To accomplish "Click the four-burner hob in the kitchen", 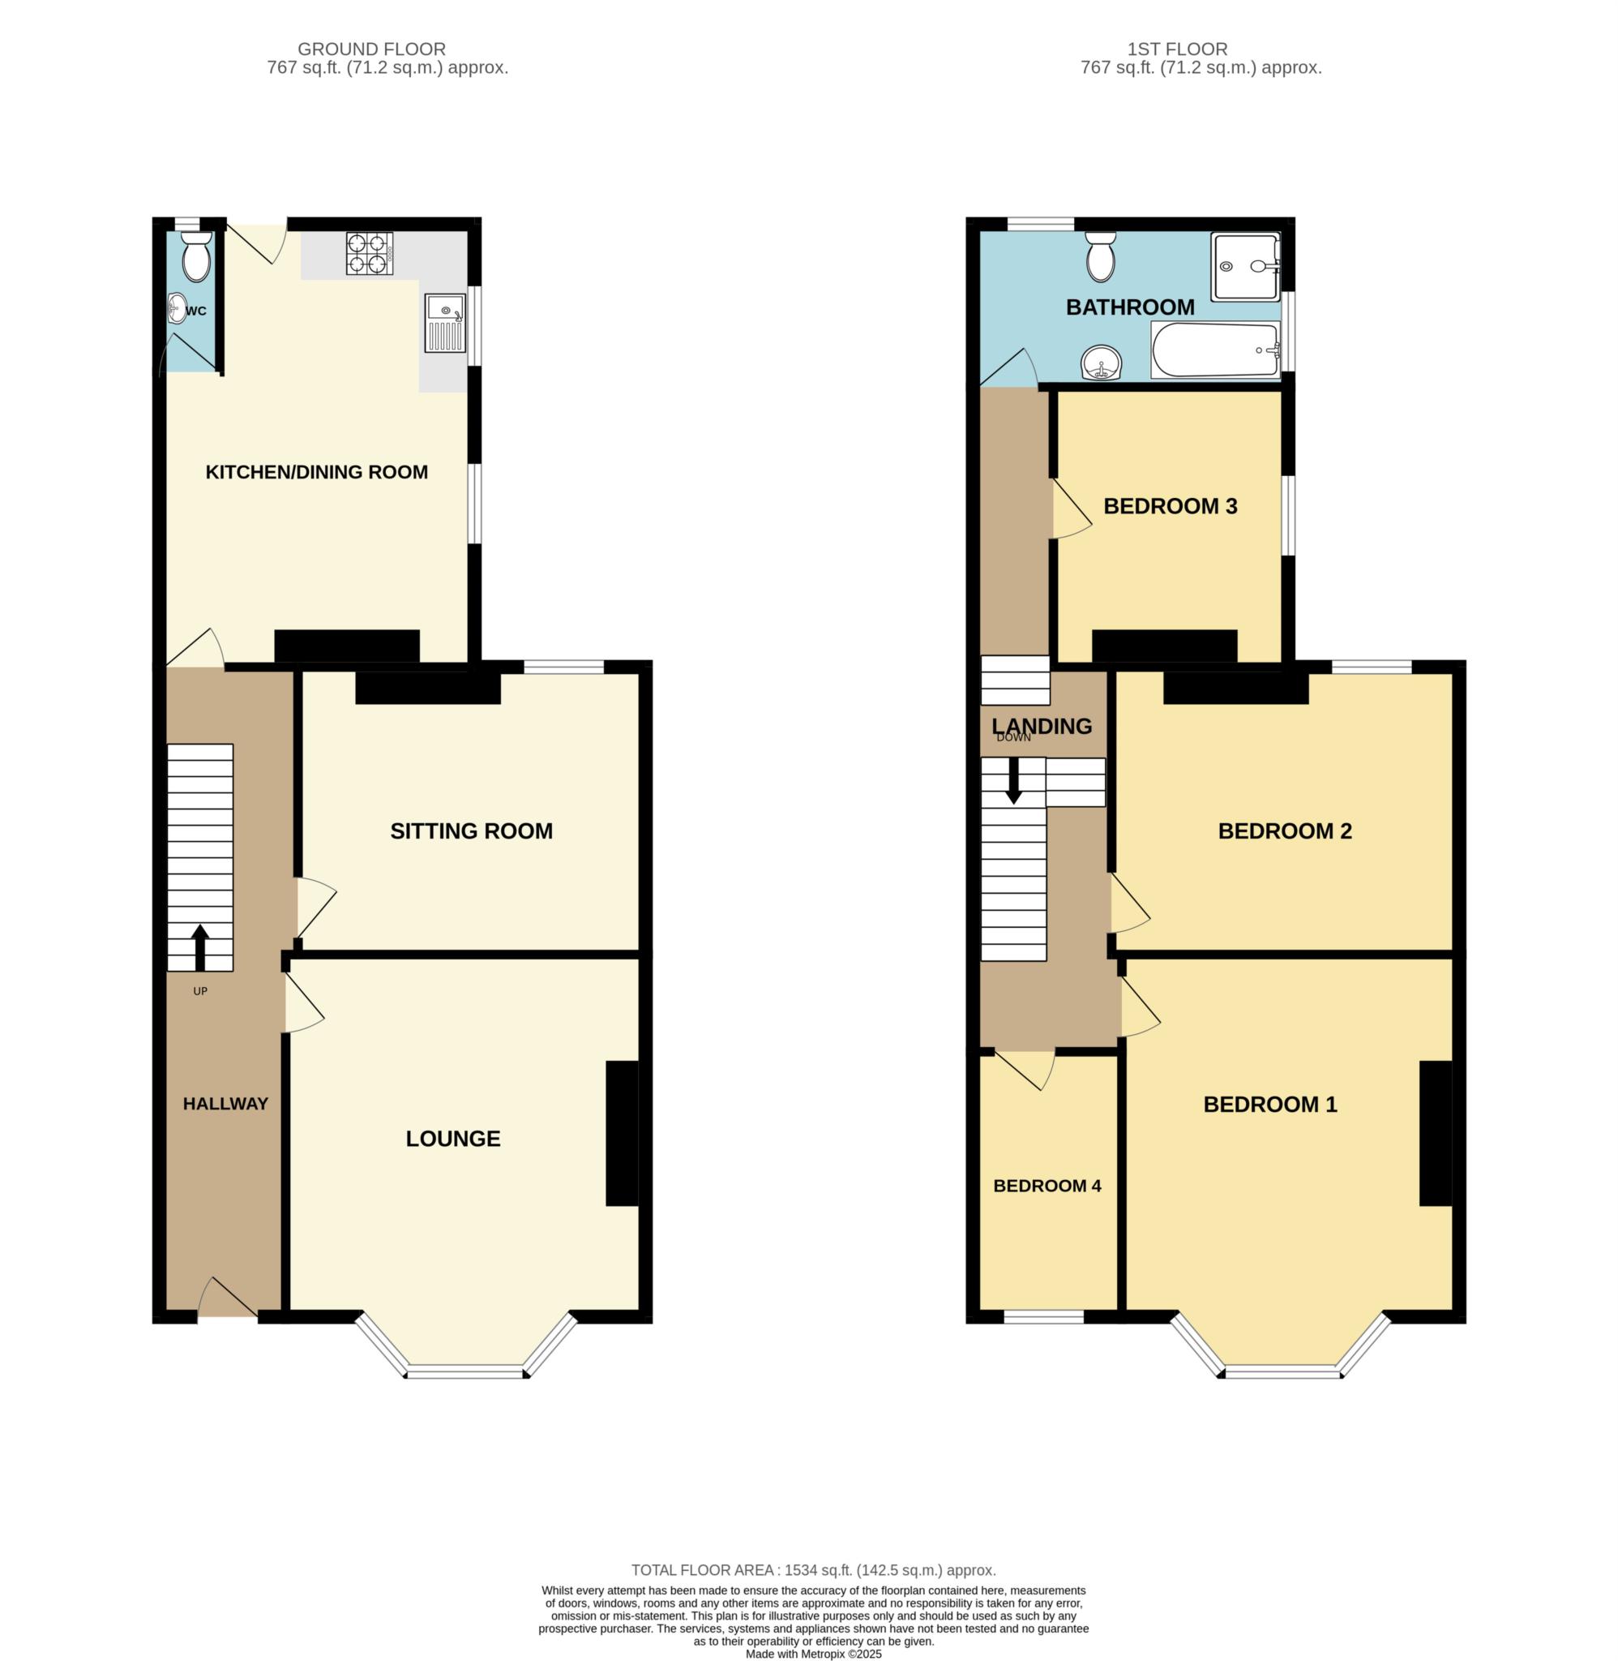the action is [370, 253].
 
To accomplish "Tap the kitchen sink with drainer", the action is [446, 323].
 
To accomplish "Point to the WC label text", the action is [195, 311].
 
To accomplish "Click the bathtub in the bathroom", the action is [1216, 350].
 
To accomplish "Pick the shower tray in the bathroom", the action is [1246, 267].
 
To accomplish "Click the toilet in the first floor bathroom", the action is [1101, 257].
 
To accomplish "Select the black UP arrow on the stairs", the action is [200, 948].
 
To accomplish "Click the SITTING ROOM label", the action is [472, 831].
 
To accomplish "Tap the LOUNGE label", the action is [453, 1139].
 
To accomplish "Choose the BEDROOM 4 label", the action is [1047, 1186].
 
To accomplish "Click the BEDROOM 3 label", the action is [1171, 507].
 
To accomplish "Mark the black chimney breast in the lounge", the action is [622, 1133].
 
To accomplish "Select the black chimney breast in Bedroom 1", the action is [1436, 1133].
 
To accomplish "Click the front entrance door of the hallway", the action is [228, 1297].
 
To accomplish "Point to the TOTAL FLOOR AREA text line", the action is [813, 1570].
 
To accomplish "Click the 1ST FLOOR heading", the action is [1177, 49].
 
